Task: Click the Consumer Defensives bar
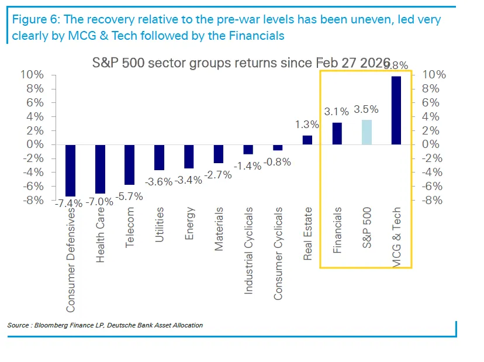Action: coord(70,170)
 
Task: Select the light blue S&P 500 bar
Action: coord(367,132)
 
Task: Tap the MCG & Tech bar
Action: coord(396,110)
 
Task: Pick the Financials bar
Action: coord(337,133)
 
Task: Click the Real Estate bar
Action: coord(307,140)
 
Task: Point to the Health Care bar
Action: coord(100,169)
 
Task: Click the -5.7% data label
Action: coord(130,196)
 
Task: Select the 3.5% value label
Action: coord(367,109)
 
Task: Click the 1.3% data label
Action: coord(307,124)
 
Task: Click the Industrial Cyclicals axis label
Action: coord(248,250)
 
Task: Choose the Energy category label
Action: coord(189,223)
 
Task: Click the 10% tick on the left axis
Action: coord(33,75)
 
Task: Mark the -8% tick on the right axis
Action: coord(431,200)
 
